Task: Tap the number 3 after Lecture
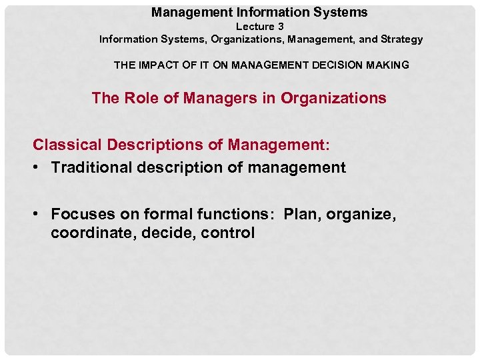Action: pyautogui.click(x=281, y=27)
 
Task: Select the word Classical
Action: pyautogui.click(x=63, y=144)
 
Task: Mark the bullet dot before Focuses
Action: pyautogui.click(x=39, y=214)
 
